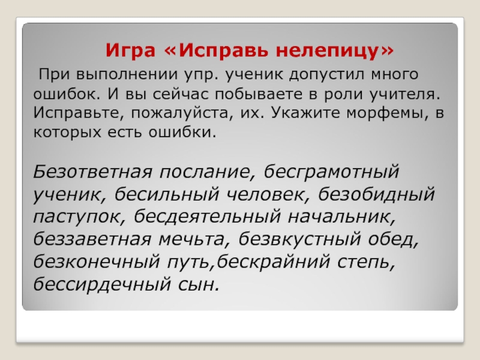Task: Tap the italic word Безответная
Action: point(92,172)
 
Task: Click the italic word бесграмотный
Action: point(331,172)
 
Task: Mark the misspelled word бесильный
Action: point(167,194)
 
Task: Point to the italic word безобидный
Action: point(377,194)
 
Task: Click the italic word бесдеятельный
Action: point(207,217)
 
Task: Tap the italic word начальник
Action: point(341,217)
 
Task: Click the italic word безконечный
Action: point(97,262)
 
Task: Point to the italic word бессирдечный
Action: point(102,284)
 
